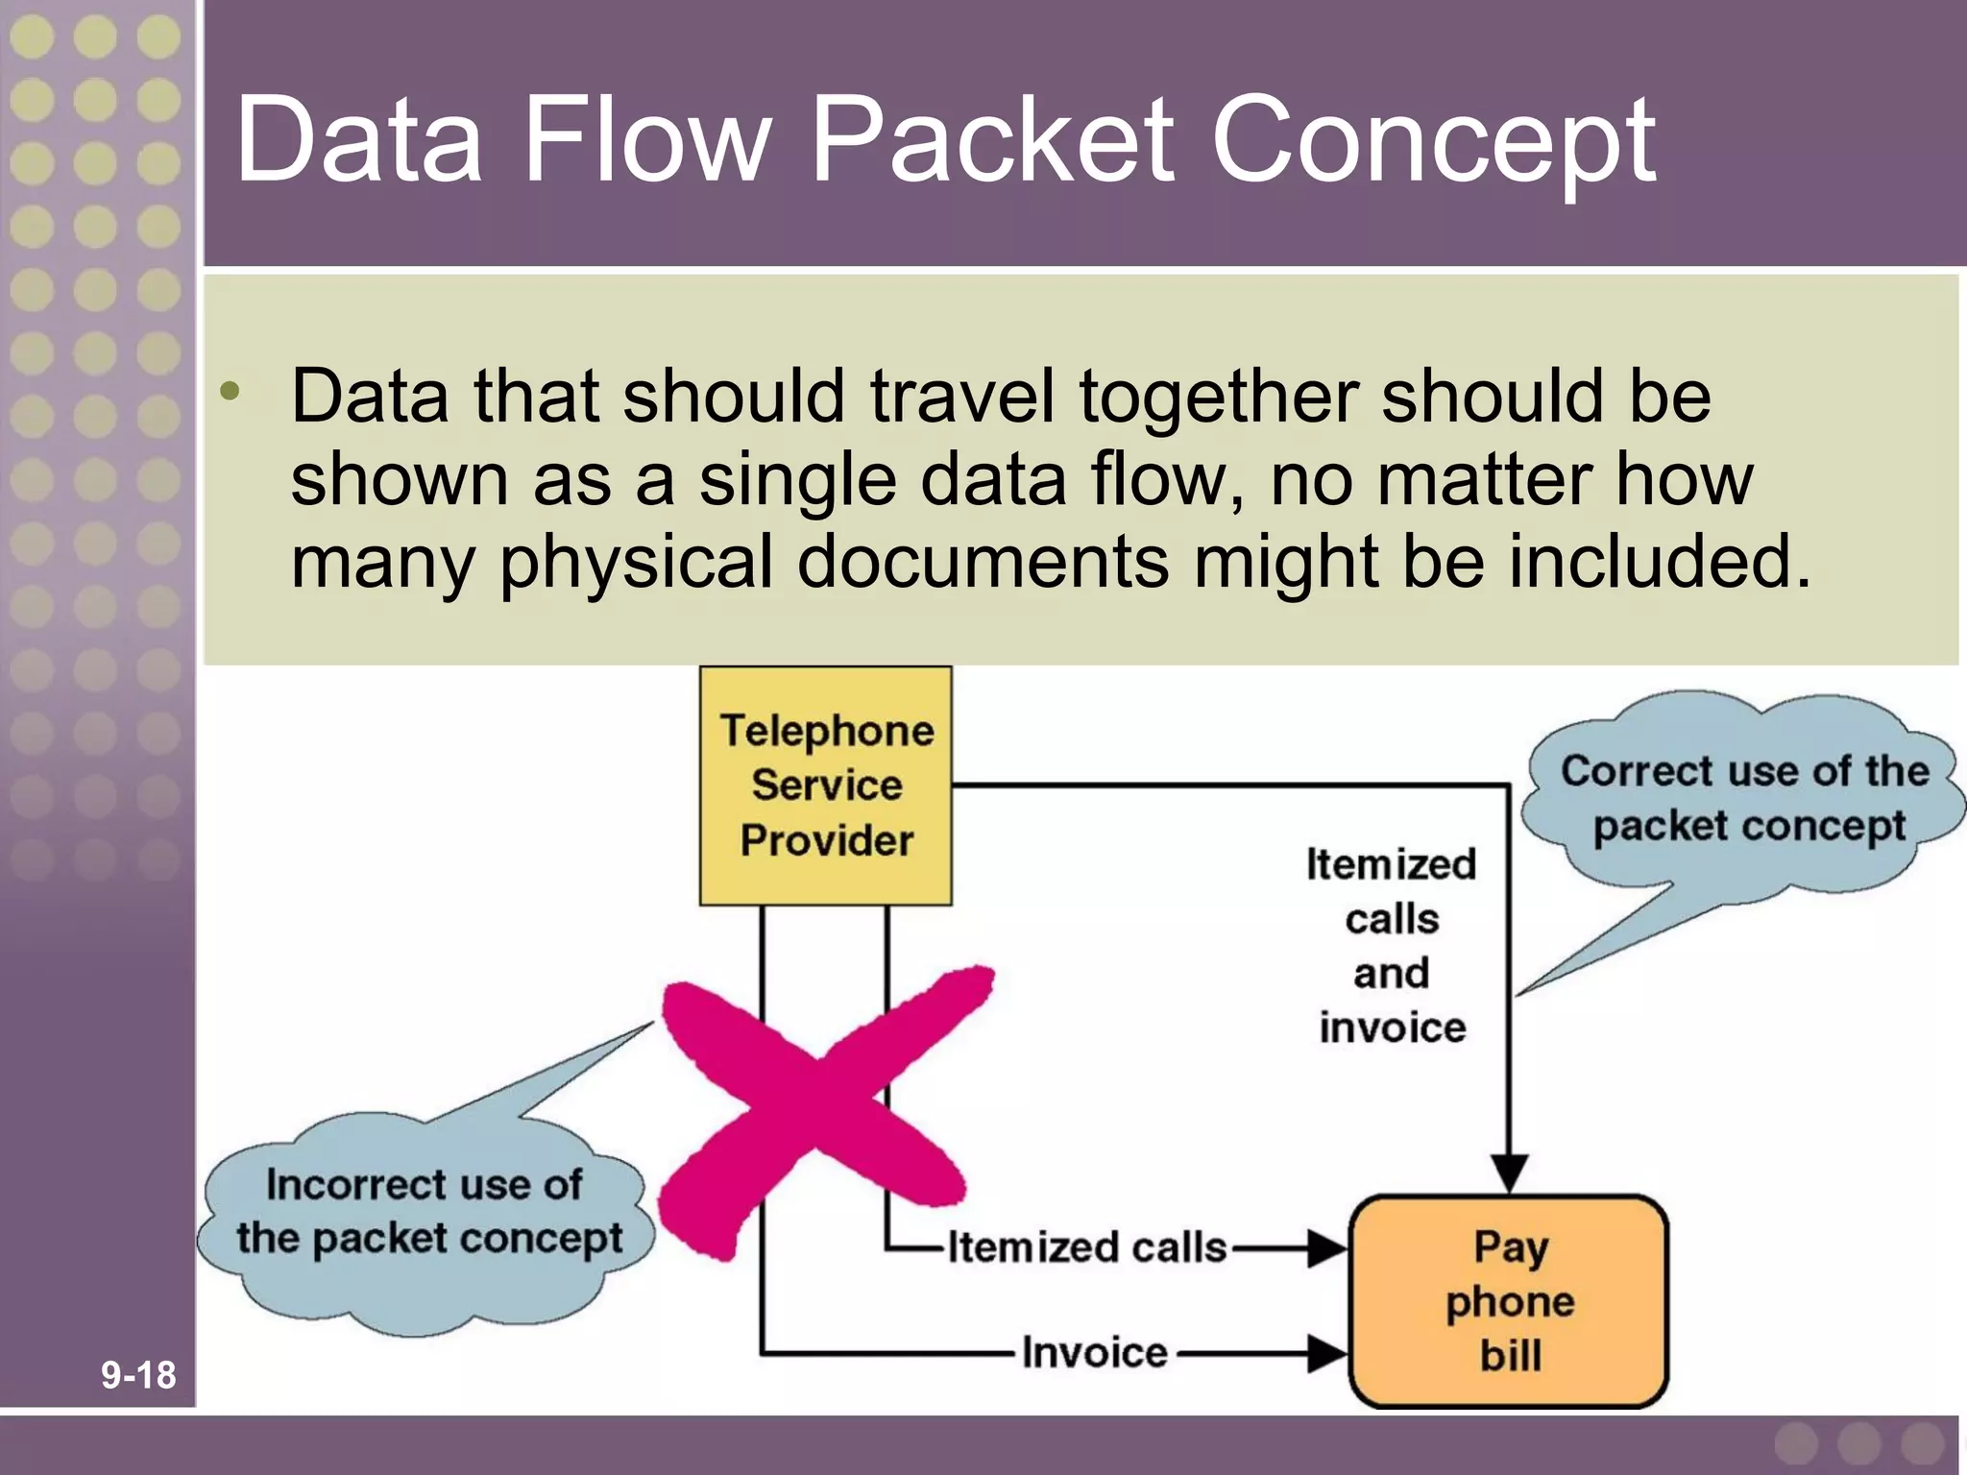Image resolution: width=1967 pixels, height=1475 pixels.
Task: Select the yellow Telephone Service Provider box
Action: [826, 785]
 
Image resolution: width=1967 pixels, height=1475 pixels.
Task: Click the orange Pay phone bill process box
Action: [1509, 1301]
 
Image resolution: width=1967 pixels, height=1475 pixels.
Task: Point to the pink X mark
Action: [821, 1104]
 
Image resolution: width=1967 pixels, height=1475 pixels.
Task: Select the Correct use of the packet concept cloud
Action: [1743, 798]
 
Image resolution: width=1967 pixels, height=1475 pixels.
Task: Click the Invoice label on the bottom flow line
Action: [1094, 1352]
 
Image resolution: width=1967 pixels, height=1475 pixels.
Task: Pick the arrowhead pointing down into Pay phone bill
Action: [1510, 1173]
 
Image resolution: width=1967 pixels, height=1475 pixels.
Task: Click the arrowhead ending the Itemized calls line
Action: [1327, 1249]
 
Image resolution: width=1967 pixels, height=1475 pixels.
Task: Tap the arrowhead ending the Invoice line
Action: [1327, 1353]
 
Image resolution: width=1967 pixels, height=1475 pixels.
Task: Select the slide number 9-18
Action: [138, 1375]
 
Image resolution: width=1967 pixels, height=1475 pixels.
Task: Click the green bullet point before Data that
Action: [230, 391]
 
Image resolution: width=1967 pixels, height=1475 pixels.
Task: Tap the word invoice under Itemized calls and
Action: [1392, 1028]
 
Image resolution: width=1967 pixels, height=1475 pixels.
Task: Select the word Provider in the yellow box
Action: [826, 840]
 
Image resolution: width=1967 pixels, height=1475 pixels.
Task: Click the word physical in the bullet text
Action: [636, 563]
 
